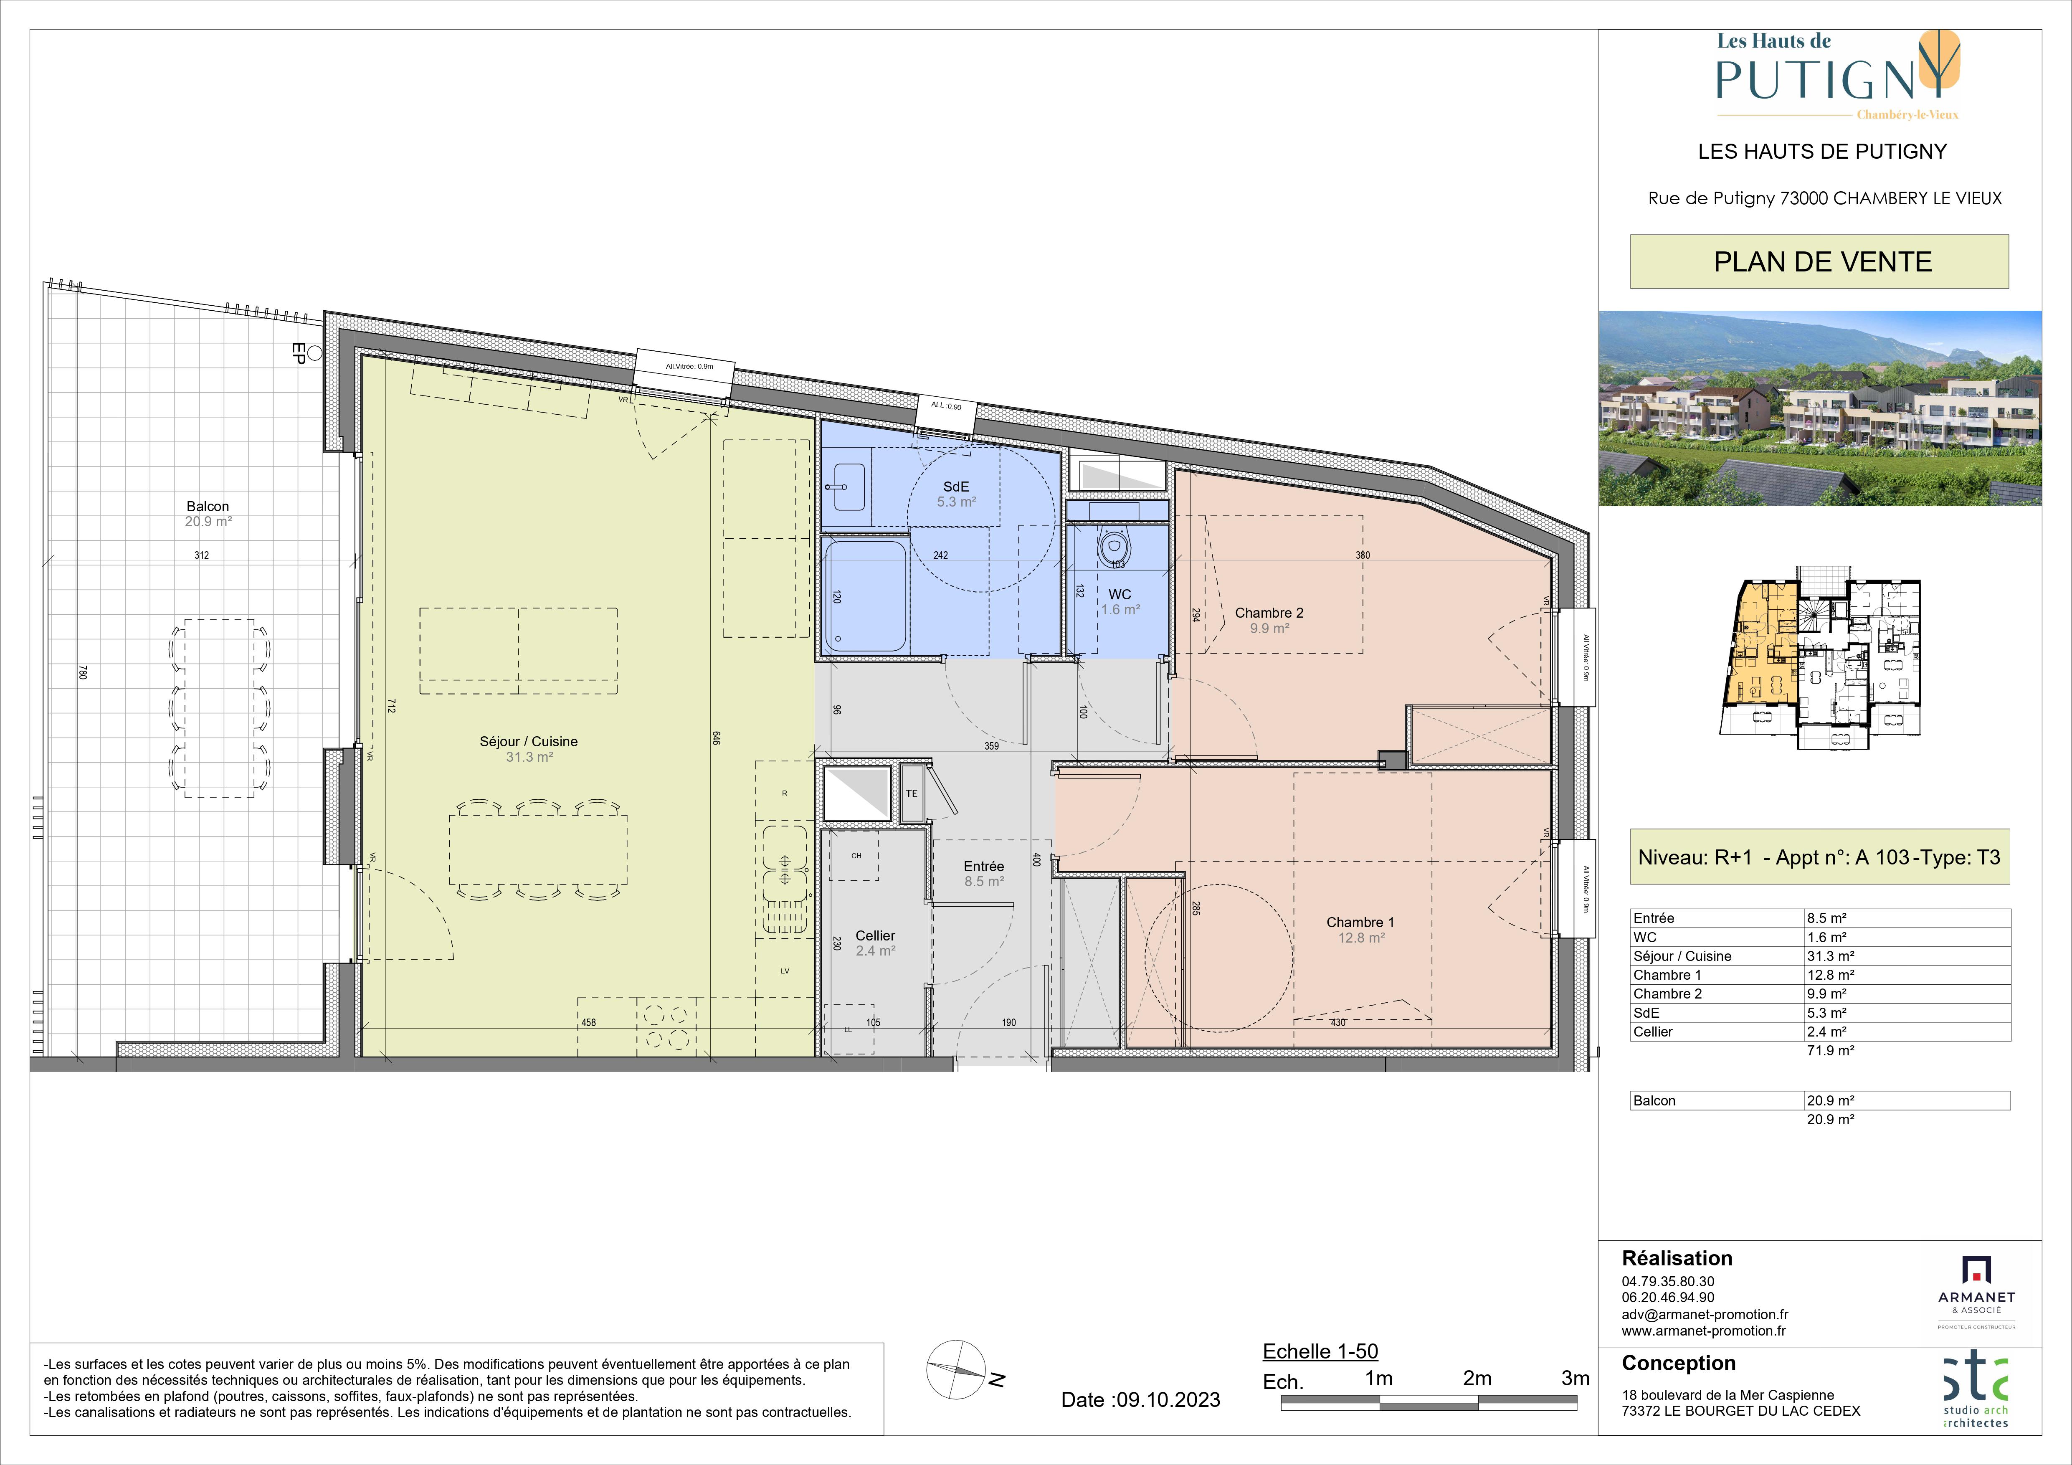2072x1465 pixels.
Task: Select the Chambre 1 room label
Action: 1360,922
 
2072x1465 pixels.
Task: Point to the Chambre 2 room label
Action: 1269,613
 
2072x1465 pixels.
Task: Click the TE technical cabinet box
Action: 912,793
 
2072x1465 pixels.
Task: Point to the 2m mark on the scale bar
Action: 1477,1379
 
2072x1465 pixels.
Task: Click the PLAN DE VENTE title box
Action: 1819,262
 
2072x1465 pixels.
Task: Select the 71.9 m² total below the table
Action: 1829,1051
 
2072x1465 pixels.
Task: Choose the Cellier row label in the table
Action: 1653,1032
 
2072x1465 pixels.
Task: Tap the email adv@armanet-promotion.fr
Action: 1705,1315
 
